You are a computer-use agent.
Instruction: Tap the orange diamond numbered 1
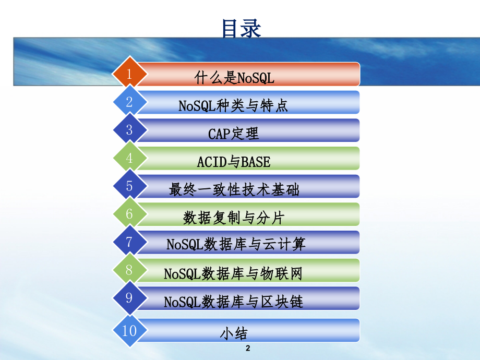pos(129,74)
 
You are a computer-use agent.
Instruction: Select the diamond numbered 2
pos(129,102)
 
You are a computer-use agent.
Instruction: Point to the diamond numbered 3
pos(129,130)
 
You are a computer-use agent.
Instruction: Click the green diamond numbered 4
pos(129,158)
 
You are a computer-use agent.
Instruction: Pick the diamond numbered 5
pos(129,186)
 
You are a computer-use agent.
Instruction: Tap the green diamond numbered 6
pos(129,214)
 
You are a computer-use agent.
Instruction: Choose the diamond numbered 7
pos(129,242)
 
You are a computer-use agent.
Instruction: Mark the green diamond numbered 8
pos(129,270)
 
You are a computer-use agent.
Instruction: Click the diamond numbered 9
pos(129,298)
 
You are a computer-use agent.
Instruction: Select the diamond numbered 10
pos(129,330)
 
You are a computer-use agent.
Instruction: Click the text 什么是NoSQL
pos(234,78)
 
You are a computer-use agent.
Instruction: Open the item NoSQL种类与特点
pos(233,106)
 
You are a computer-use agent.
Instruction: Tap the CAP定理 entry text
pos(233,134)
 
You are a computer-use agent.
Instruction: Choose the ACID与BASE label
pos(234,162)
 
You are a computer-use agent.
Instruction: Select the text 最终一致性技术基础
pos(234,190)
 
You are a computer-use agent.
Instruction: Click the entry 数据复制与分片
pos(234,218)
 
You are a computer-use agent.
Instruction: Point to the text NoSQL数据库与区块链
pos(233,302)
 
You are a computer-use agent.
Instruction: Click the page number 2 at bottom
pos(248,348)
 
